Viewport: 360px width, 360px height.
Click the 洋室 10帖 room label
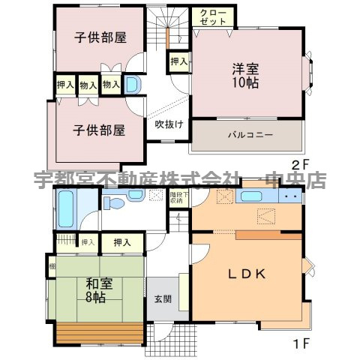tap(244, 76)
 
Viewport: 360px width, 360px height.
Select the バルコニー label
tap(250, 136)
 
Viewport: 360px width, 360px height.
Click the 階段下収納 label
tap(175, 198)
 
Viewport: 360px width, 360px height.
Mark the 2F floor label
tap(300, 165)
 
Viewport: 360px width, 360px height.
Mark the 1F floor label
tap(300, 347)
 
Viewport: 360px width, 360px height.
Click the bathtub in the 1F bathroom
tap(65, 209)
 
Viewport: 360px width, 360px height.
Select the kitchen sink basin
tap(250, 197)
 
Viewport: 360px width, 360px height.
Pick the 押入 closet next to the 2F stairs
tap(178, 61)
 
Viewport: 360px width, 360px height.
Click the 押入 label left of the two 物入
tap(65, 85)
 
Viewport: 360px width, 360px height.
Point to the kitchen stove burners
tap(292, 197)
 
